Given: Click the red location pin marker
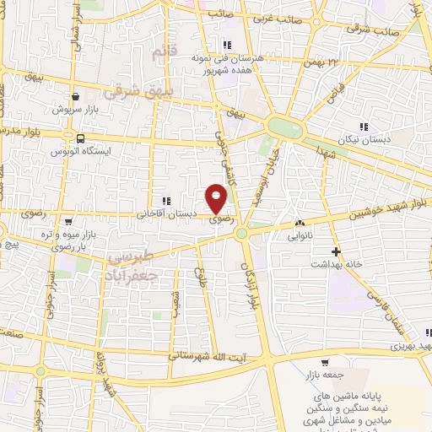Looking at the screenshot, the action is (217, 198).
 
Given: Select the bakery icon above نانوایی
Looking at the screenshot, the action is (300, 223).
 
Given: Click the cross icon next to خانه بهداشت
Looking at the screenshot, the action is (336, 251).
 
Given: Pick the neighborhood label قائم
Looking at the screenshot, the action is (160, 53).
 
